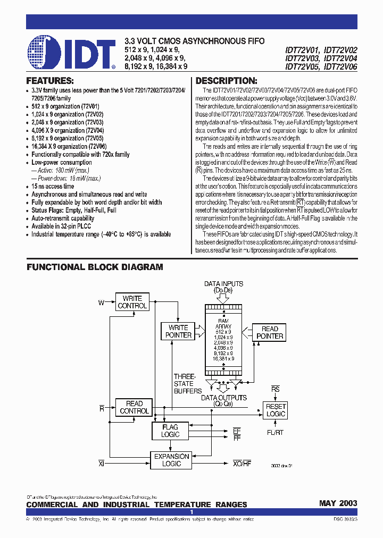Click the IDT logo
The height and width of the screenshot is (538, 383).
71,53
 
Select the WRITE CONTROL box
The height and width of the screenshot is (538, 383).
132,302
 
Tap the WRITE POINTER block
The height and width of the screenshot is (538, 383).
178,331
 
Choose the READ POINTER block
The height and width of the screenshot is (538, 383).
270,332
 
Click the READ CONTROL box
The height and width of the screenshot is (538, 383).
134,407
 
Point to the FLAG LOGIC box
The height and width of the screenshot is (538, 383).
170,431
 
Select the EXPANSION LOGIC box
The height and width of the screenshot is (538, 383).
171,460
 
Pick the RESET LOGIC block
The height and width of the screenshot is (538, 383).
276,410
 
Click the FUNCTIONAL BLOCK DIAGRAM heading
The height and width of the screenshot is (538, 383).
95,267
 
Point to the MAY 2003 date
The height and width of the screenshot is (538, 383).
338,503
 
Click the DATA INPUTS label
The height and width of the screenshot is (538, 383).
223,284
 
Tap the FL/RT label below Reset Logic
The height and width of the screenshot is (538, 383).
275,433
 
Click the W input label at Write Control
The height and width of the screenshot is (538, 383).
101,303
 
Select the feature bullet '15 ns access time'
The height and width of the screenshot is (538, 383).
53,187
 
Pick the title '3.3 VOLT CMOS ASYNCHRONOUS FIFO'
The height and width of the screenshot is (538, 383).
194,41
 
